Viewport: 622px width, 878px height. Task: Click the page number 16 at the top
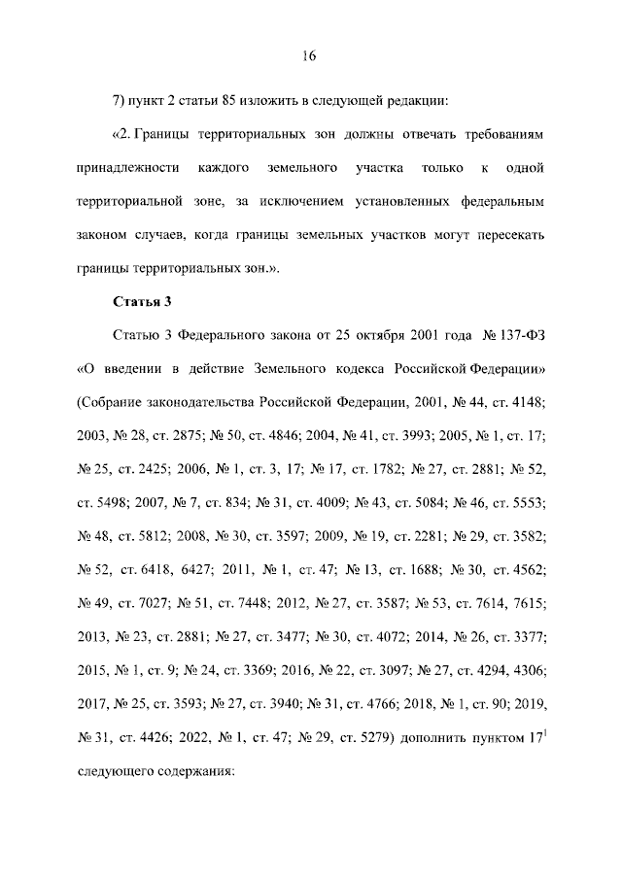tap(310, 55)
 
